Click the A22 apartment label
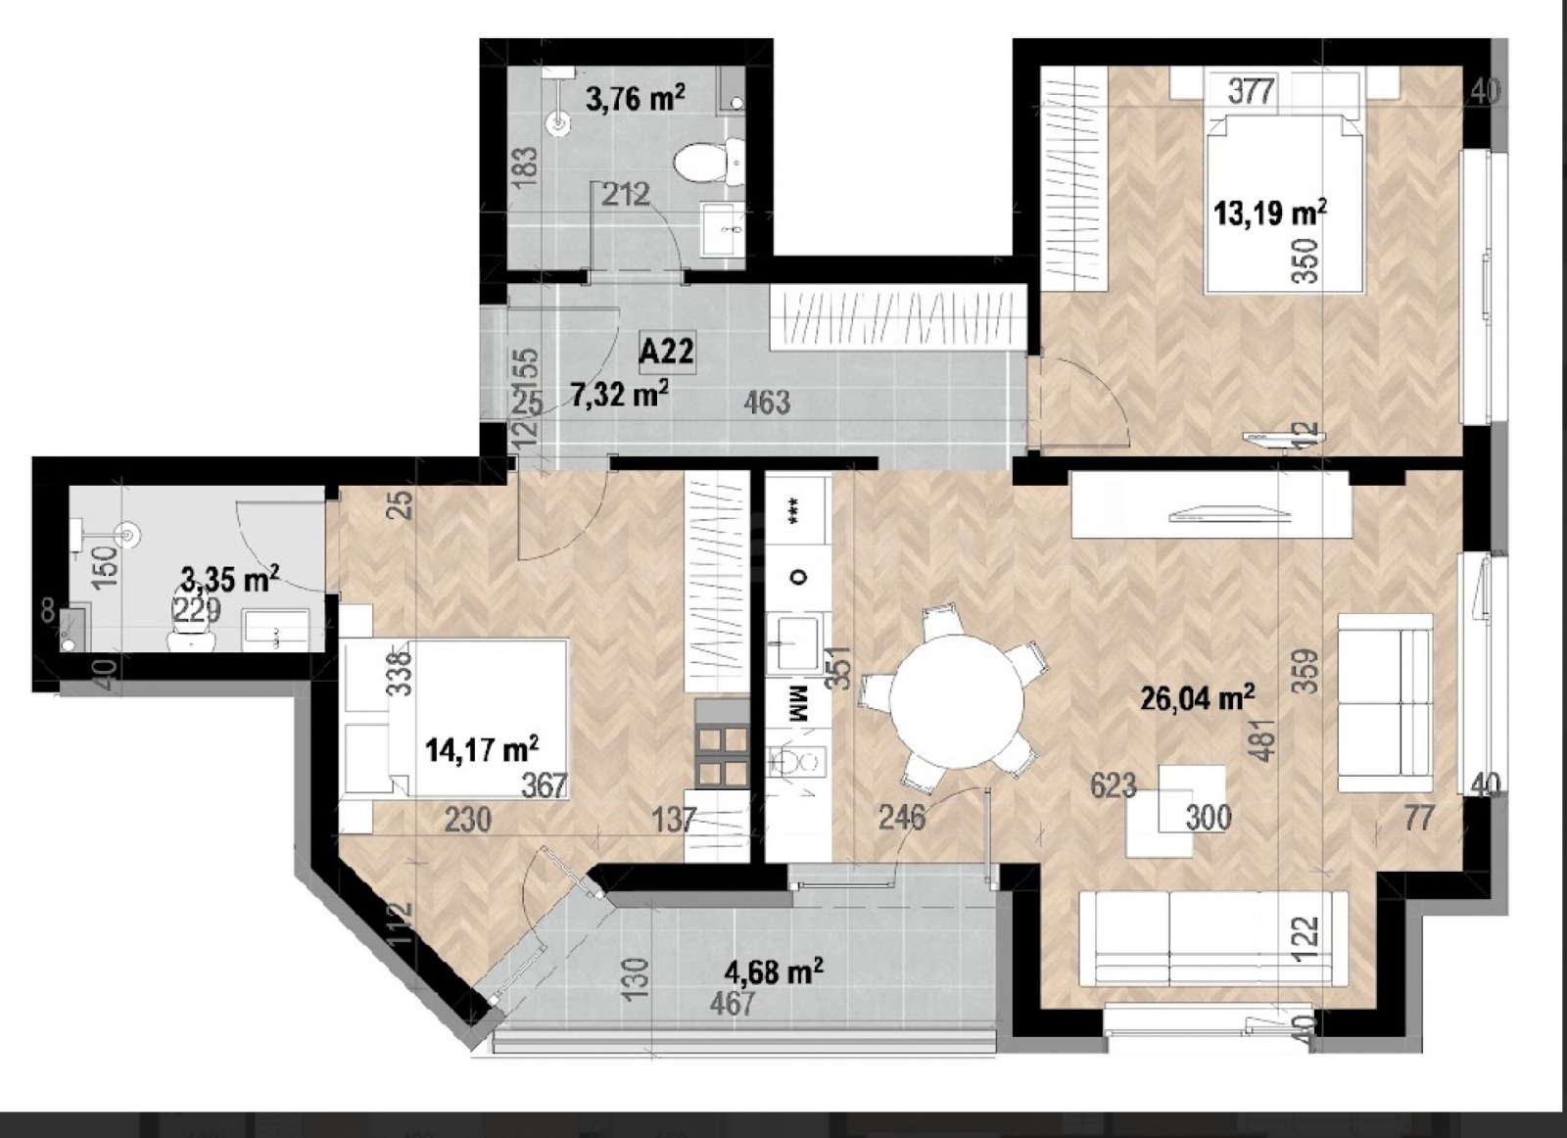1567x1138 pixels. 666,350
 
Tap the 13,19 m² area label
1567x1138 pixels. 1270,212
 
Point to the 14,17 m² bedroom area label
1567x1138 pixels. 483,750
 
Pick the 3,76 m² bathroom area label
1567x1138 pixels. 635,98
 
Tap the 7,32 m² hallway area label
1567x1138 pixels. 619,394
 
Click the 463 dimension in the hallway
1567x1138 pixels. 767,403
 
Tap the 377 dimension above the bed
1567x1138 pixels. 1251,91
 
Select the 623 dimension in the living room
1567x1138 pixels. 1113,784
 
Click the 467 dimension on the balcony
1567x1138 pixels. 734,1004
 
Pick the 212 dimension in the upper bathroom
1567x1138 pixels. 625,195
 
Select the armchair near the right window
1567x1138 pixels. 1384,702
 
